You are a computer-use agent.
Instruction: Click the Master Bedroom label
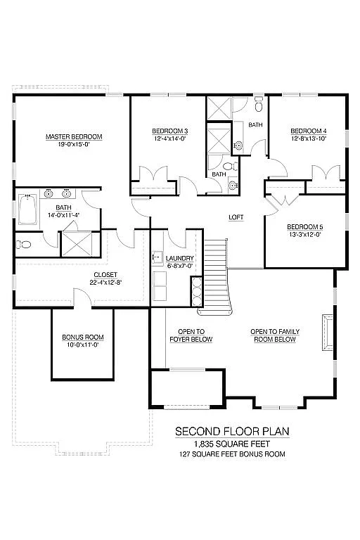click(74, 136)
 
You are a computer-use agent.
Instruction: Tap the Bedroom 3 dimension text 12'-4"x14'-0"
click(170, 139)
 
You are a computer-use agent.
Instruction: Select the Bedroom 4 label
click(308, 131)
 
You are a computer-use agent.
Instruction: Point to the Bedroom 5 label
click(304, 226)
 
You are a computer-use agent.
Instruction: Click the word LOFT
click(236, 217)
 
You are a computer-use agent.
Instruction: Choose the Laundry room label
click(181, 259)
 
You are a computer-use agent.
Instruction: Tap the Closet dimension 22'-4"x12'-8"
click(105, 283)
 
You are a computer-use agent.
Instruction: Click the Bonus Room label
click(83, 337)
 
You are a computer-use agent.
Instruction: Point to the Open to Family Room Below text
click(274, 335)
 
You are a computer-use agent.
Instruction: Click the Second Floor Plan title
click(232, 431)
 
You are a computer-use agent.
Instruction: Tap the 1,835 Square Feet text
click(232, 444)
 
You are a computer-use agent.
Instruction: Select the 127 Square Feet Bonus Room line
click(232, 454)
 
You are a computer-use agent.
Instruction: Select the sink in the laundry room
click(157, 258)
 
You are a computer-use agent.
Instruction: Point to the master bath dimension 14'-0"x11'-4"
click(63, 215)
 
